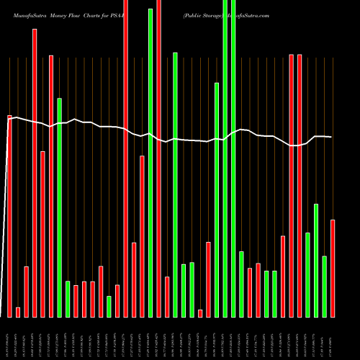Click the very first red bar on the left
coord(9,216)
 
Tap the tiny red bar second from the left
coord(18,312)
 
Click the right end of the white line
coord(331,137)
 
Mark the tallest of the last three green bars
coord(316,260)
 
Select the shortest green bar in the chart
coord(109,306)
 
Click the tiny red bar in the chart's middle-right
coord(200,313)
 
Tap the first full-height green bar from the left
coord(150,163)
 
